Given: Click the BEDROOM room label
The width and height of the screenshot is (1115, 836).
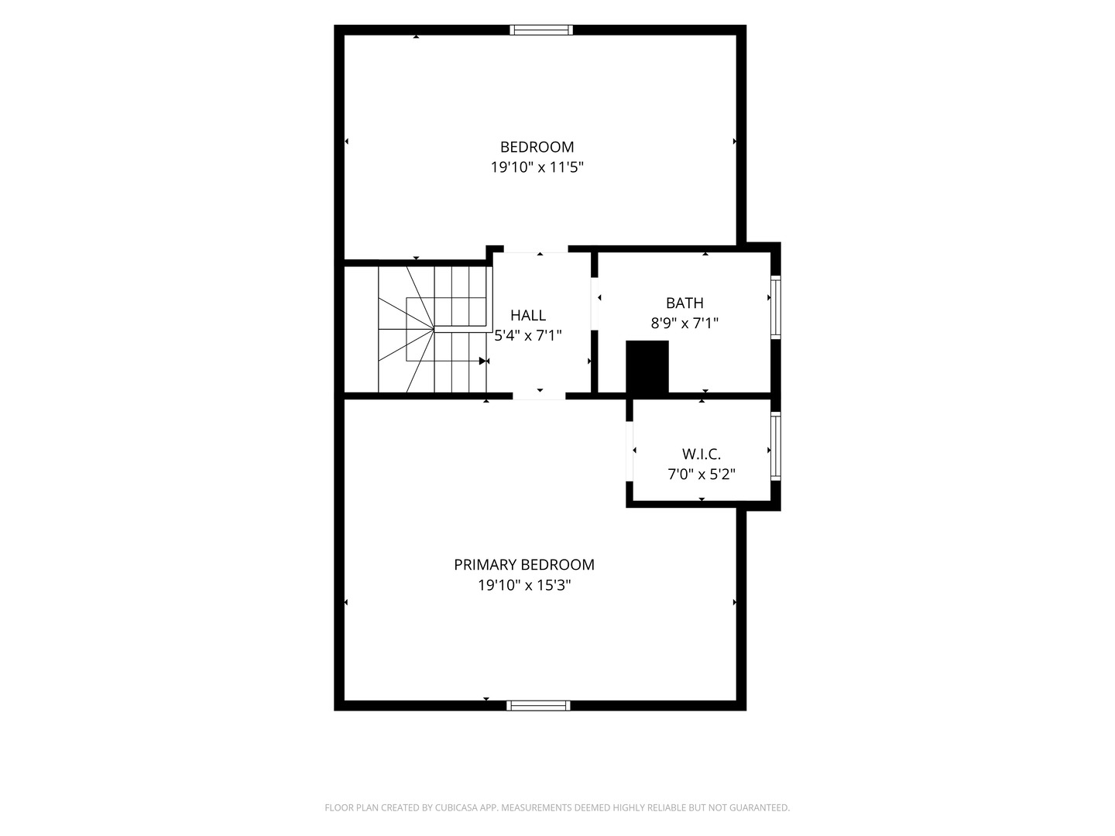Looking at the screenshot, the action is [537, 147].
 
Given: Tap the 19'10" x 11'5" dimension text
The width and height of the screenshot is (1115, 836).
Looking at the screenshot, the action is [537, 167].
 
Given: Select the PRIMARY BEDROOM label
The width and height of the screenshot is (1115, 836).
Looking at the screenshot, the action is [523, 564].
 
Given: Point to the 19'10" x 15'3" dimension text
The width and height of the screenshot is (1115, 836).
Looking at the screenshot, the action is [524, 585].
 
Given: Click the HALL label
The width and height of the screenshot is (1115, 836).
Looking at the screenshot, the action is [528, 315].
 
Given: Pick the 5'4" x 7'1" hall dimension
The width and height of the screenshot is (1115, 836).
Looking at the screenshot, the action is [528, 335].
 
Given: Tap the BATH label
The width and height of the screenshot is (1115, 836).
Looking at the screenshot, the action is [684, 303].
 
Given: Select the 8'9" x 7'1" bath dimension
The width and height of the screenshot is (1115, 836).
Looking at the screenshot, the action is [684, 324].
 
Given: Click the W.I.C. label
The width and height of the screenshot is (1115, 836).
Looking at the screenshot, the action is [701, 454].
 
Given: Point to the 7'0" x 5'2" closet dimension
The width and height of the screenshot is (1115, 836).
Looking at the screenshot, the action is [701, 474].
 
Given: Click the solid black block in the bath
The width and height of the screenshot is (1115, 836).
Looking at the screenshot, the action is [647, 367].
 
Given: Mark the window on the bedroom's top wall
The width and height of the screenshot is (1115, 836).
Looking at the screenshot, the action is [541, 30].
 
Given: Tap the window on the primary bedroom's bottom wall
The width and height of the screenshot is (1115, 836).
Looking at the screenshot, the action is [538, 705].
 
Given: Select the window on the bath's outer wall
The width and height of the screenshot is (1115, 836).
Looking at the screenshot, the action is [776, 307].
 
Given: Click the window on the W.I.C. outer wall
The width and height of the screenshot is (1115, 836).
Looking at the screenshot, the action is [776, 446].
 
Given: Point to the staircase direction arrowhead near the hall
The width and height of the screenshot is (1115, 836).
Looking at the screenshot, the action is [482, 361].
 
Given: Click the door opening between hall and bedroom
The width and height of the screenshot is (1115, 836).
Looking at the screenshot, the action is [535, 249].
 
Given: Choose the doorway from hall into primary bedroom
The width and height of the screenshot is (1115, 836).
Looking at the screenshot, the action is [538, 396].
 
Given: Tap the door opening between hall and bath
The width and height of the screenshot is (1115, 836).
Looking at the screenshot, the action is [595, 303].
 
